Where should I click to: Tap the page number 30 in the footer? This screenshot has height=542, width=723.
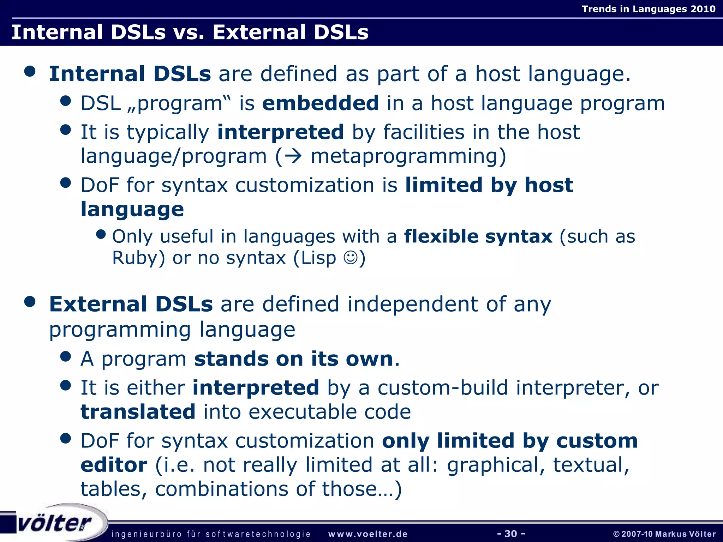pos(511,534)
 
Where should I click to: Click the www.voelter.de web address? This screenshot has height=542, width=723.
pos(368,534)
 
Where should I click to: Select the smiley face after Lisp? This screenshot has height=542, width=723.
pos(351,258)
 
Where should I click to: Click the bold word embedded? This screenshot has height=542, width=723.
pos(321,103)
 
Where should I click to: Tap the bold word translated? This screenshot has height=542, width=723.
pos(138,412)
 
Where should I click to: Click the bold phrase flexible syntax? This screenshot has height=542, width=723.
pos(478,236)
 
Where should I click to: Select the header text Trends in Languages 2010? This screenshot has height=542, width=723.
pos(649,9)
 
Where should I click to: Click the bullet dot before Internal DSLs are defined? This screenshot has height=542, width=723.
pos(30,71)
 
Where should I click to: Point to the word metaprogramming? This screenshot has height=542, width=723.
pos(408,156)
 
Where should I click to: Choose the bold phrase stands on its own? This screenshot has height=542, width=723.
pos(294,359)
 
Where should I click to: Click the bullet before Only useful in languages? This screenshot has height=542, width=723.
pos(101,234)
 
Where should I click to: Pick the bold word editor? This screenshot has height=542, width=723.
pos(114,465)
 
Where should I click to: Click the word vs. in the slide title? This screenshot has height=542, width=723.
pos(189,32)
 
